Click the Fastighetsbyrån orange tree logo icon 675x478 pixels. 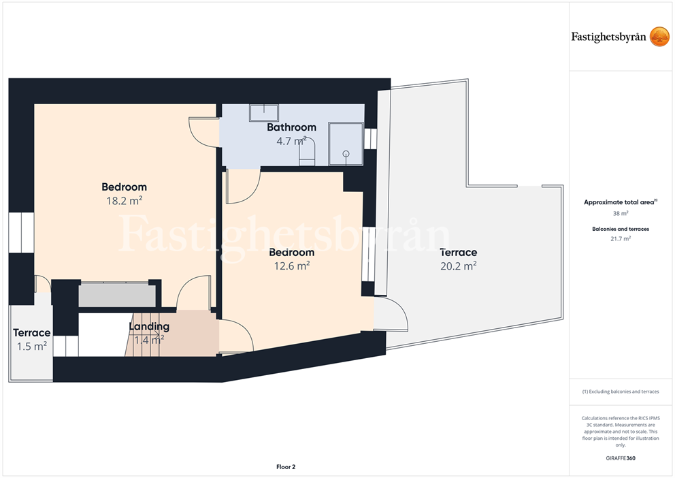click(659, 37)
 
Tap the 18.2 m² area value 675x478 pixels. click(125, 201)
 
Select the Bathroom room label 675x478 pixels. click(291, 127)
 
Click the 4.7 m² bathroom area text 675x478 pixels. click(291, 141)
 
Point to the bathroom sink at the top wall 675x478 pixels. click(263, 112)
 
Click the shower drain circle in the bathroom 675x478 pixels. click(346, 154)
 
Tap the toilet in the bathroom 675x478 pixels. click(308, 152)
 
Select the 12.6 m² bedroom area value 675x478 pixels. click(292, 266)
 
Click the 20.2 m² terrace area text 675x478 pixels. click(458, 266)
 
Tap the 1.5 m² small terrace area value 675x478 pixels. click(32, 346)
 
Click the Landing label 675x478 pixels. click(149, 326)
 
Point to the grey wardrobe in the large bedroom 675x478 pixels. click(116, 295)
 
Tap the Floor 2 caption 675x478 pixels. click(286, 467)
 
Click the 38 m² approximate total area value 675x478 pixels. click(621, 213)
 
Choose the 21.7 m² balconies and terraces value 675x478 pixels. click(621, 238)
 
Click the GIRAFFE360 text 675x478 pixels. click(621, 458)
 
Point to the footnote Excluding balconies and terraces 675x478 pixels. click(621, 392)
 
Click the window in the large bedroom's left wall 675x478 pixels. click(21, 233)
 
